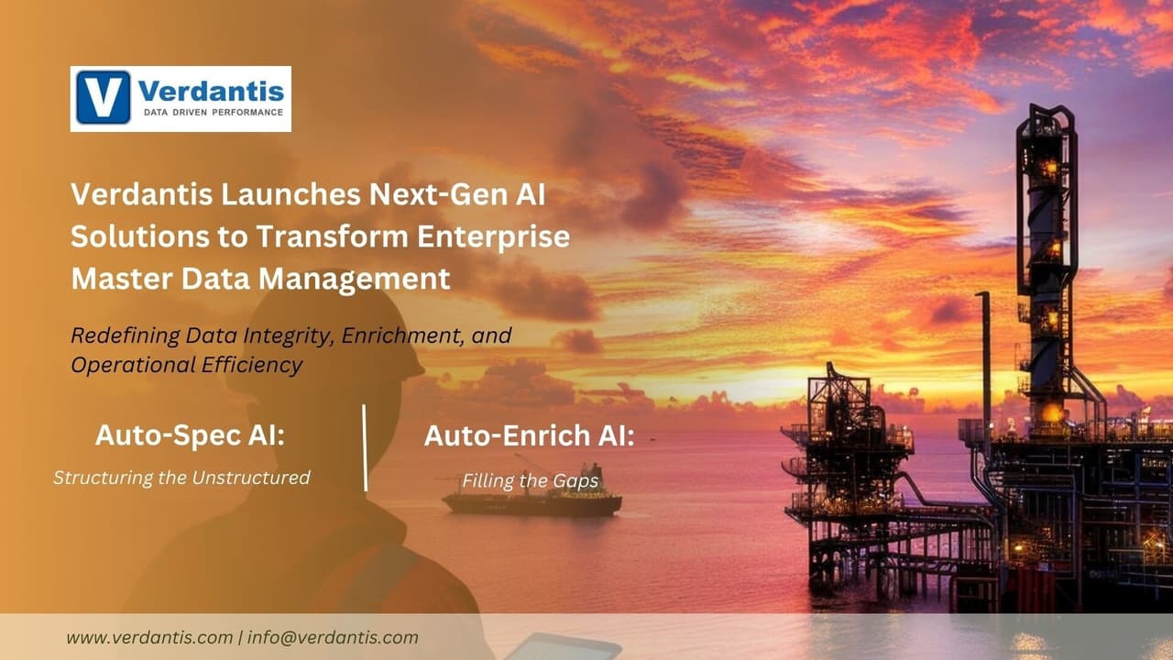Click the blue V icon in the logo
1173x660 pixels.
pos(103,98)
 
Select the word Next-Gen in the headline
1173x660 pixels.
pos(444,194)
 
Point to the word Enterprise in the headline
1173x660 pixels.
pos(494,236)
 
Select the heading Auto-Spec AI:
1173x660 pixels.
pos(190,436)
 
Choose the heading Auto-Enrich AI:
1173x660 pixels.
pos(529,436)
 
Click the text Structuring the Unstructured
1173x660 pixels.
pos(181,478)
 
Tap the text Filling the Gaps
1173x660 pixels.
pos(530,480)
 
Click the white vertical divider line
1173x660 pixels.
pos(365,447)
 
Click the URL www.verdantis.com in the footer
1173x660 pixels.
pos(149,637)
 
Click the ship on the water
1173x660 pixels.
pos(532,501)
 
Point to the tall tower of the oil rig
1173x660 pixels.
pos(1046,257)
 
